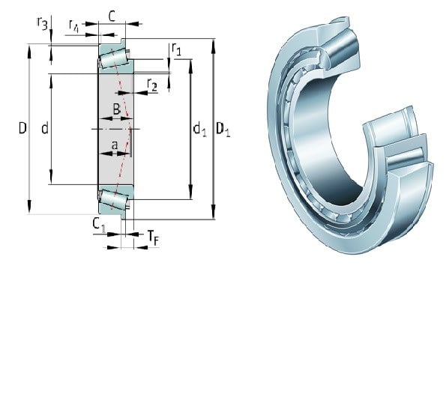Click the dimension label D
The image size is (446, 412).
[22, 128]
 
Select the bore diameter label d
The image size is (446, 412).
[45, 128]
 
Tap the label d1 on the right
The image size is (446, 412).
[199, 129]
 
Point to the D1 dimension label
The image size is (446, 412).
[223, 129]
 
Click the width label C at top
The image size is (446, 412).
[112, 16]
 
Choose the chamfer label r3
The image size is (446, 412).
[43, 23]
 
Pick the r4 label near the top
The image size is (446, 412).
[73, 26]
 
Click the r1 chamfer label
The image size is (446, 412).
[176, 49]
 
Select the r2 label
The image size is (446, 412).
[152, 85]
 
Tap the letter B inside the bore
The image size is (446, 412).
[117, 109]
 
